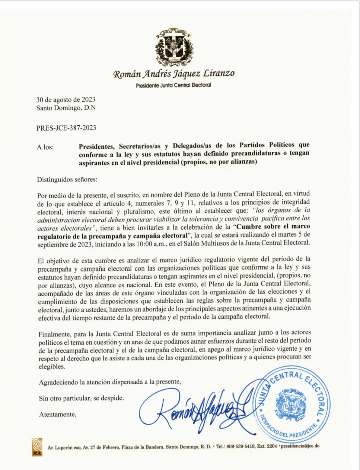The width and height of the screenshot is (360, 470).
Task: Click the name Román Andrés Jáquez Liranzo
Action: (174, 73)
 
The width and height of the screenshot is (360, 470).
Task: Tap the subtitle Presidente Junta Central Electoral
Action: (174, 85)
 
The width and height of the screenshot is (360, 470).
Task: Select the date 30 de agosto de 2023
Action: (66, 99)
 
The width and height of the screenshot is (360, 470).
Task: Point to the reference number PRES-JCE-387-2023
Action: (66, 128)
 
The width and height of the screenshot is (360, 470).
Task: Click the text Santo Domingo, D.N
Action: (66, 108)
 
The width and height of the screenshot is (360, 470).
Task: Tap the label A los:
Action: (45, 147)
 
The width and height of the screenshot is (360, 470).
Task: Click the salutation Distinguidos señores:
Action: (67, 179)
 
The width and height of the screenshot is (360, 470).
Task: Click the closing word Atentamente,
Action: (58, 414)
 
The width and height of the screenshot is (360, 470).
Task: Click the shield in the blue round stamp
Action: (291, 405)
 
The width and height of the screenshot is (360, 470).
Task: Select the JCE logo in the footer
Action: (37, 447)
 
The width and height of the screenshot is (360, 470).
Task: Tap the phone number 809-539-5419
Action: (241, 446)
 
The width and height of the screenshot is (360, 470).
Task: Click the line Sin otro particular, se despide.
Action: (81, 398)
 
